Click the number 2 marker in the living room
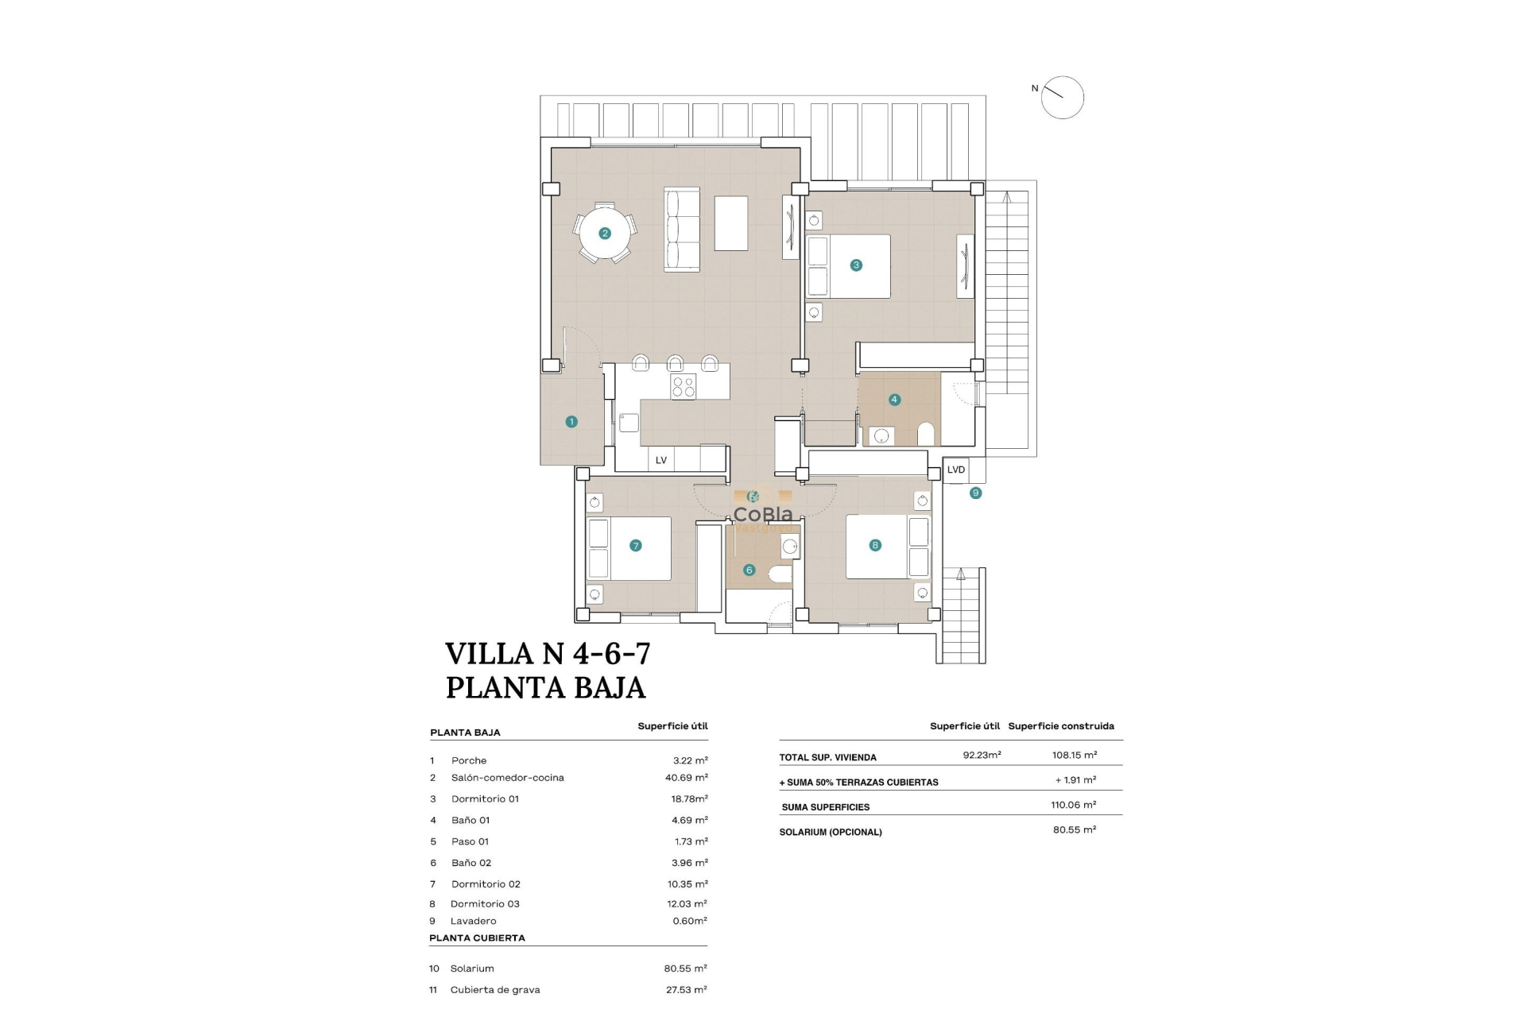coord(605,234)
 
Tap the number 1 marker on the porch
coord(571,422)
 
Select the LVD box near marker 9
coord(956,470)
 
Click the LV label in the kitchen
coord(661,460)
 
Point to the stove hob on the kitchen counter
coord(684,387)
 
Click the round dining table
coord(605,234)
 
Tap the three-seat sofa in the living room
coord(682,230)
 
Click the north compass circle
coord(1063,98)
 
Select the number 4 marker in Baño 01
coord(895,400)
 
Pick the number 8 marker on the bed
coord(875,545)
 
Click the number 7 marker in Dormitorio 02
coord(635,545)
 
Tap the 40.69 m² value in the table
coord(687,778)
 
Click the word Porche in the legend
coord(469,760)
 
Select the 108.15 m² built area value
coord(1075,755)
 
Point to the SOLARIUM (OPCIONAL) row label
coord(831,832)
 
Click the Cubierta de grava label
coord(495,990)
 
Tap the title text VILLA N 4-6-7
coord(548,654)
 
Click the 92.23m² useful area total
coord(982,755)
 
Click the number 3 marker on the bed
coord(856,265)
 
